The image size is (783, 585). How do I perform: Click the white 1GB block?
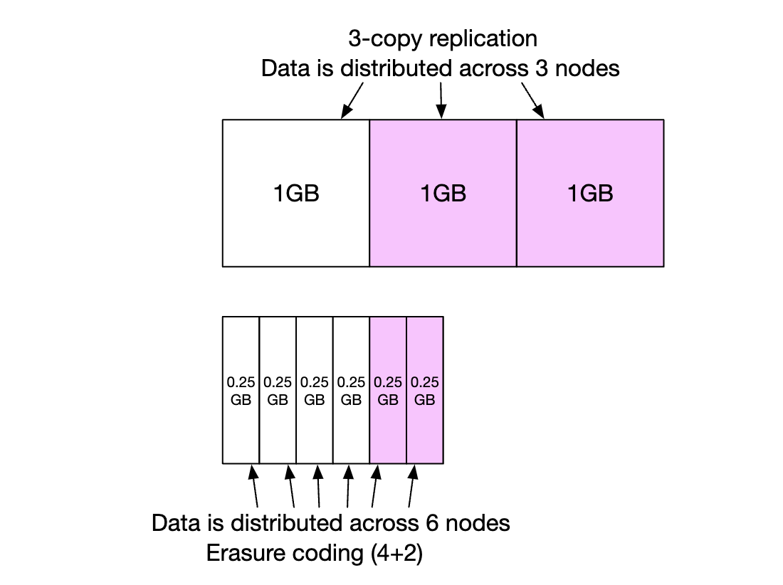point(295,193)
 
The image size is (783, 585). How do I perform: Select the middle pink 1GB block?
point(443,193)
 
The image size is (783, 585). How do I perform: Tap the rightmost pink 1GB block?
point(590,193)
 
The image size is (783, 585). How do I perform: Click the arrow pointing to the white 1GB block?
point(353,99)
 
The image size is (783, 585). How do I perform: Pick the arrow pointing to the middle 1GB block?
point(442,99)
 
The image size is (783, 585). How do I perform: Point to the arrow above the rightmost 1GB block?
point(533,99)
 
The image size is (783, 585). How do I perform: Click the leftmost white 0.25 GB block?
point(241,390)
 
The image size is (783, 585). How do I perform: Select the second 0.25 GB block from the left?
point(278,390)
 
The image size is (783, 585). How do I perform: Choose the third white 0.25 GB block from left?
point(315,390)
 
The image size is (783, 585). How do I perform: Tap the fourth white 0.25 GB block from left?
point(351,390)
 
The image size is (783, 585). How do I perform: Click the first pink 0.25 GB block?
point(388,390)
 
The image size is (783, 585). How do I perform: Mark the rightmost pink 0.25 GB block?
point(425,390)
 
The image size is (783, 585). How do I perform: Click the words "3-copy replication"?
point(442,38)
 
